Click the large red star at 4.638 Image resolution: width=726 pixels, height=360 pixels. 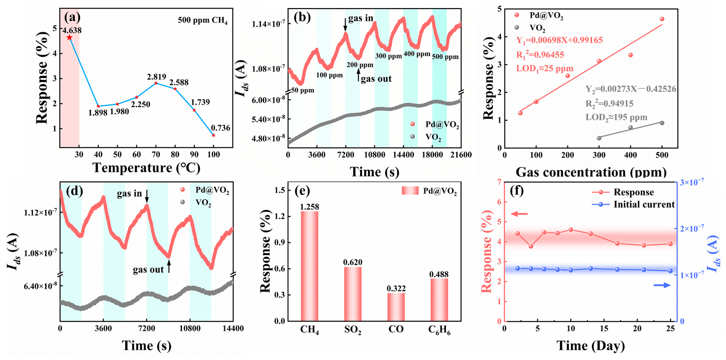(x=69, y=37)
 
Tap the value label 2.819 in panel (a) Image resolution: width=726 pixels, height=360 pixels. (x=156, y=77)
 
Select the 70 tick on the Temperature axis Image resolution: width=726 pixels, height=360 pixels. (x=156, y=155)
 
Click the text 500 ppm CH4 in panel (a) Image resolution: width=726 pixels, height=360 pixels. (x=202, y=20)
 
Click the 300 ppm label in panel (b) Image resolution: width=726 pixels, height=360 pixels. (x=388, y=56)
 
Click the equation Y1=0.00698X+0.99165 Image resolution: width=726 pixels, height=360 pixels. (x=559, y=40)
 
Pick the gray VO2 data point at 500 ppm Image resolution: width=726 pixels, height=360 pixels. (x=662, y=123)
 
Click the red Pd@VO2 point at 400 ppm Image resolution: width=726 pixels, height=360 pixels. (x=631, y=55)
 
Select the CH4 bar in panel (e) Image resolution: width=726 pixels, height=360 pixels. (x=309, y=266)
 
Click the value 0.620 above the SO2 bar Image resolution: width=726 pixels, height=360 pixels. (x=353, y=262)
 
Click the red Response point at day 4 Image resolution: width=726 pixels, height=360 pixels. (x=531, y=246)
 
